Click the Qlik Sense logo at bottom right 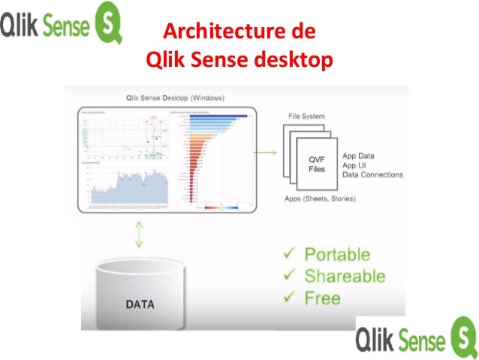coord(416,335)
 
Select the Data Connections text coord(373,175)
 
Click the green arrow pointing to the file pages coord(264,154)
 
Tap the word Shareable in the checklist coord(345,276)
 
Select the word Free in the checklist coord(322,298)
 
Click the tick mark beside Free coord(288,298)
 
